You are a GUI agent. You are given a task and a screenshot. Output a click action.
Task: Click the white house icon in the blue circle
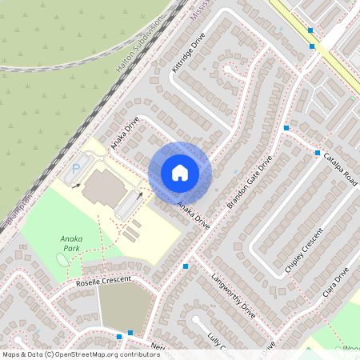click(180, 172)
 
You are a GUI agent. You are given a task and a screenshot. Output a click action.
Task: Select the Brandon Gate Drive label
click(250, 182)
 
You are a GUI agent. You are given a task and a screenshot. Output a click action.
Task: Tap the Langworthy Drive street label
click(234, 298)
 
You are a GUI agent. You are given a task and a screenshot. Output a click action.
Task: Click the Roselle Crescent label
click(102, 281)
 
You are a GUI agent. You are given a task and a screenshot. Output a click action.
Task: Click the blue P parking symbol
click(77, 169)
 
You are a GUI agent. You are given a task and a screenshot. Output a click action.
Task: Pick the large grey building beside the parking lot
click(102, 187)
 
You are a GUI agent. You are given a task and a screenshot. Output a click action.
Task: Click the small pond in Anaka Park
click(62, 259)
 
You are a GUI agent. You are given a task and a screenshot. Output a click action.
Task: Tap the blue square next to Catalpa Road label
click(318, 152)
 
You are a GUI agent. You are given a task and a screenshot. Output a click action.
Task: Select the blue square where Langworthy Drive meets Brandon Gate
click(186, 266)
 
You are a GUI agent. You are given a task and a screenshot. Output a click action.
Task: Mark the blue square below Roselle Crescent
click(130, 332)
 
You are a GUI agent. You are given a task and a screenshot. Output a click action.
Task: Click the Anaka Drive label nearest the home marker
click(193, 215)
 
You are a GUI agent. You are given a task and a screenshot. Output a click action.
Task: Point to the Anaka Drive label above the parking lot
click(126, 134)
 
